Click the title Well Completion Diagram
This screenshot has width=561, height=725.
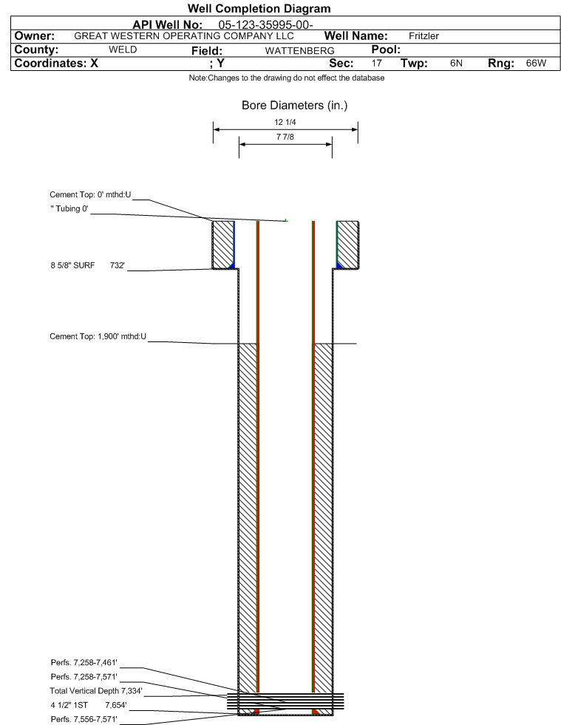click(259, 8)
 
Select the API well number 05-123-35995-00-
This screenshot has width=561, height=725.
click(265, 24)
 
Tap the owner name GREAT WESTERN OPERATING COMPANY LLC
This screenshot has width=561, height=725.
click(183, 36)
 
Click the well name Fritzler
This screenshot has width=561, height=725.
click(424, 36)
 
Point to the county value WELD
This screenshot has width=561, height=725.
click(123, 50)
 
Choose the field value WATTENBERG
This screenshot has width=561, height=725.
click(299, 50)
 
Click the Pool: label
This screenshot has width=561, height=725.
click(386, 50)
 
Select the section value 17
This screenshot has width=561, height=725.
click(376, 63)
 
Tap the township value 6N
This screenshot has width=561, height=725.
click(456, 63)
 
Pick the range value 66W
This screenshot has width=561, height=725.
click(536, 63)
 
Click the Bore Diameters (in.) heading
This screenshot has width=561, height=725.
click(294, 106)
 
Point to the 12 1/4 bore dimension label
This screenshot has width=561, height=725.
click(285, 122)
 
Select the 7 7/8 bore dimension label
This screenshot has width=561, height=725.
click(285, 137)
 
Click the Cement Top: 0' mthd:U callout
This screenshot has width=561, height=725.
click(90, 194)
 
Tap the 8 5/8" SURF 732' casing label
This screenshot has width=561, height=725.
click(87, 265)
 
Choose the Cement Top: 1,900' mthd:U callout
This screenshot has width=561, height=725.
click(98, 336)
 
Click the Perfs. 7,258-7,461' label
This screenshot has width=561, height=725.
click(84, 663)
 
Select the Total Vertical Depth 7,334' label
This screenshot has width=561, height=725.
click(96, 691)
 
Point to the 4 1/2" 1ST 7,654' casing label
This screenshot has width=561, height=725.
click(89, 705)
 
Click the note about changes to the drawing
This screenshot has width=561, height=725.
click(286, 78)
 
